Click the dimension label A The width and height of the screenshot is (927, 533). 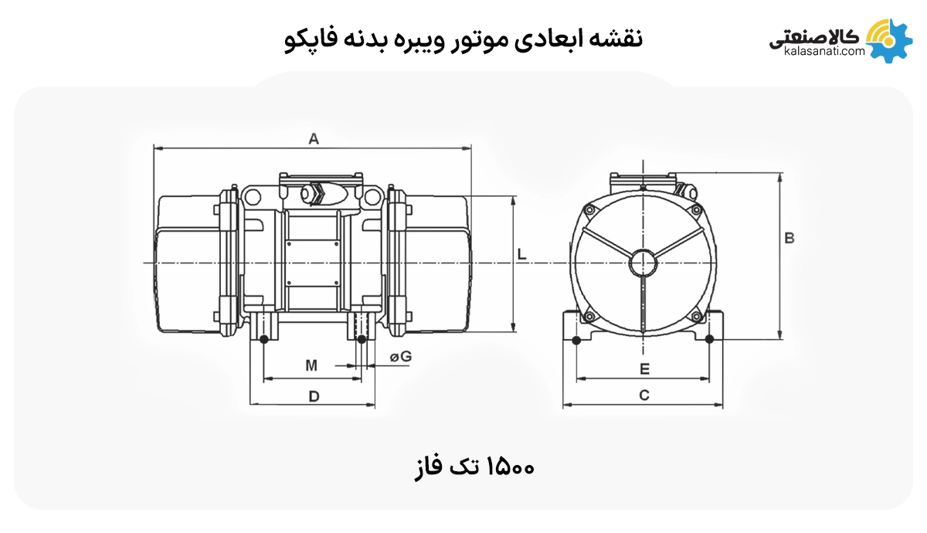point(314,139)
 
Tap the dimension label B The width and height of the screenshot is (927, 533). point(789,239)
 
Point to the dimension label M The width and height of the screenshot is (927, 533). point(311,365)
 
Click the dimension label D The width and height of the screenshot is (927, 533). point(314,396)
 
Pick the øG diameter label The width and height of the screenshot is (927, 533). point(400,357)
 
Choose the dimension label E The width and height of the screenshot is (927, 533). point(644,369)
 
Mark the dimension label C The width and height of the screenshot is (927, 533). point(643,396)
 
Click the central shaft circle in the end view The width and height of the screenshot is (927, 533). point(643,263)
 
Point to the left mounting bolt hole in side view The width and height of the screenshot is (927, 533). point(264,339)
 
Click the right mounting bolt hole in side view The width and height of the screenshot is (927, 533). point(361,339)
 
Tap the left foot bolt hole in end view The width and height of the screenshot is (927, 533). point(576,340)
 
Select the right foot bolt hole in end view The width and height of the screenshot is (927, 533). point(709,340)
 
